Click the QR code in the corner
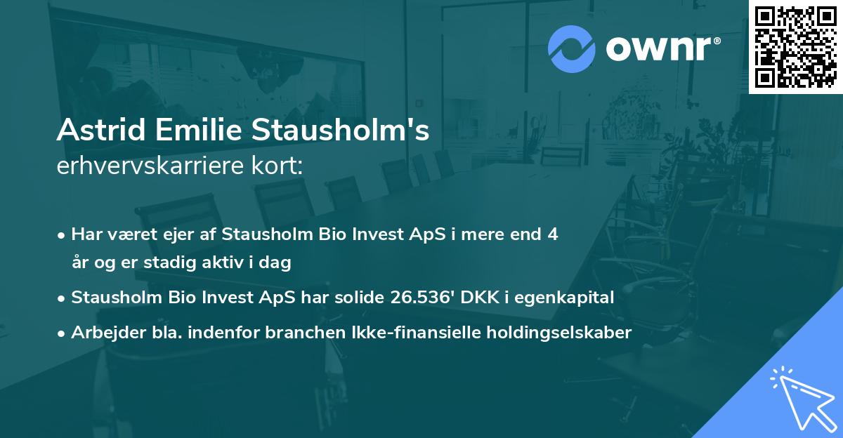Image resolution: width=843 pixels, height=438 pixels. tap(795, 47)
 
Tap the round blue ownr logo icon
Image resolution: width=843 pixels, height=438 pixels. tap(572, 48)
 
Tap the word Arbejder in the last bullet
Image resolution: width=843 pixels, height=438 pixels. tap(103, 332)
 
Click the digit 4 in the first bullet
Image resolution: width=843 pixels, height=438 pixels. tap(553, 234)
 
